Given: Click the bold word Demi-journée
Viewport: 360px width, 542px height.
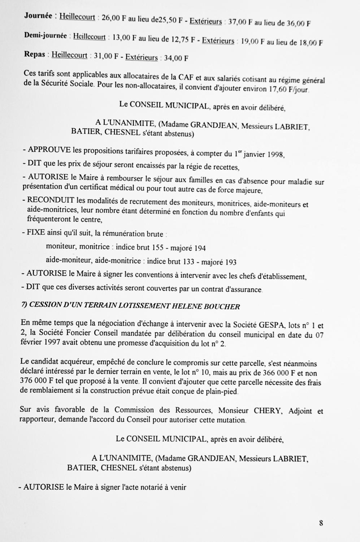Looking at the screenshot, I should [45, 36].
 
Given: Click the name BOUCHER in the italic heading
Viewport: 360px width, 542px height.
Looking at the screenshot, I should [222, 307].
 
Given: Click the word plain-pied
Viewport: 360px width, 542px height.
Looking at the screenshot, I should [221, 391].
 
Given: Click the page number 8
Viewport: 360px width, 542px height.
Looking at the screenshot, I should [321, 523].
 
